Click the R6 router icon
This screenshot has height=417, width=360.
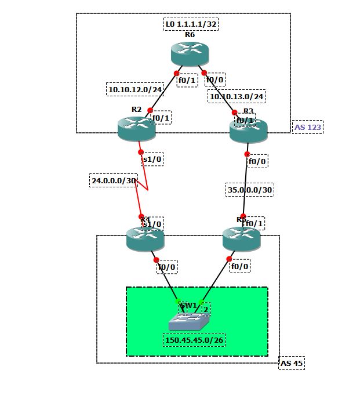pos(190,54)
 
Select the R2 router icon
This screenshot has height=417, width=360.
pos(137,128)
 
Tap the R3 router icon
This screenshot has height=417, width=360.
pos(248,130)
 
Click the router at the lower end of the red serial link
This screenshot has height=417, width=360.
pos(145,239)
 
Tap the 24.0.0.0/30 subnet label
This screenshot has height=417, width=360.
pos(113,181)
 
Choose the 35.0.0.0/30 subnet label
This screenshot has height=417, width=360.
pos(250,189)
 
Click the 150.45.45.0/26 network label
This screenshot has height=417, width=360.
pos(194,340)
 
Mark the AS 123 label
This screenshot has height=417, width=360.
pos(308,127)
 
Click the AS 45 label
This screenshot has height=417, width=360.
pos(292,364)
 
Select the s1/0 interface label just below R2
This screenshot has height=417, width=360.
pos(150,159)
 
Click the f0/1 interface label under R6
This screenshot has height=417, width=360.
pos(187,81)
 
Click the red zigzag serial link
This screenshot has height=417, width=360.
pos(143,183)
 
